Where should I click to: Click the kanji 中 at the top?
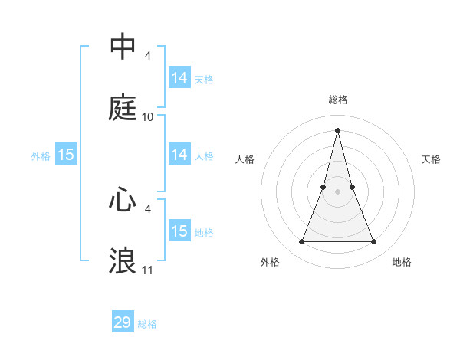(123, 47)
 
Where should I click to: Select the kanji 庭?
(123, 108)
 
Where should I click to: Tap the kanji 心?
(123, 200)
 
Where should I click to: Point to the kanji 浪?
(123, 261)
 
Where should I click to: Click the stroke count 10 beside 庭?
(148, 117)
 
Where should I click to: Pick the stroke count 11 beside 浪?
(148, 270)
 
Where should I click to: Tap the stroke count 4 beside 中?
(148, 55)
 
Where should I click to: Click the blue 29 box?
(123, 322)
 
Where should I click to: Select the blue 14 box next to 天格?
(179, 78)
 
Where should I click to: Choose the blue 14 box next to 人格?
(179, 155)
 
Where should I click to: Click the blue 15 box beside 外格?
(66, 155)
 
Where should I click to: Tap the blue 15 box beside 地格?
(179, 231)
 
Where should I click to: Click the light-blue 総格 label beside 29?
(147, 324)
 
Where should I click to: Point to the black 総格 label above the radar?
(338, 100)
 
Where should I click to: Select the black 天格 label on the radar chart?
(432, 159)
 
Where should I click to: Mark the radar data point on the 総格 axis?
(338, 129)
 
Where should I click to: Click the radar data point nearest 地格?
(374, 242)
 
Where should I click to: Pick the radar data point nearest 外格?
(302, 242)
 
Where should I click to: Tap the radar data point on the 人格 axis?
(324, 186)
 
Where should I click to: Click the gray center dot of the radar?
(338, 191)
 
